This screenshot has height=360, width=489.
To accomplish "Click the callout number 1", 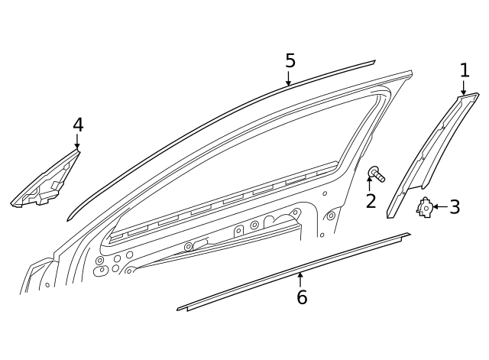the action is click(465, 70).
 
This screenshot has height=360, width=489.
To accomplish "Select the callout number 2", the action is click(371, 201).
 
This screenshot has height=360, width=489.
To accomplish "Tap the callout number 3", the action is click(455, 207).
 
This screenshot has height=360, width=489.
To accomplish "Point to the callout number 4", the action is click(78, 125).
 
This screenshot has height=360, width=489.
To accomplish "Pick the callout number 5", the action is click(290, 60).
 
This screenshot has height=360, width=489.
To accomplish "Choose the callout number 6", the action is click(302, 297).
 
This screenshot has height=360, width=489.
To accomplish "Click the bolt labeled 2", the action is click(377, 174).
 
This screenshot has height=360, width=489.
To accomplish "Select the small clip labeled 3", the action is click(425, 207).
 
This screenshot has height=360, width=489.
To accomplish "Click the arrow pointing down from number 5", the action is click(289, 78).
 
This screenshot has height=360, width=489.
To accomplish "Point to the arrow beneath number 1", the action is click(464, 88).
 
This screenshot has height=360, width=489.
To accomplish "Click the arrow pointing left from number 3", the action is click(440, 206).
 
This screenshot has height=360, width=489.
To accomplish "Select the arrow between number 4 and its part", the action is click(77, 142).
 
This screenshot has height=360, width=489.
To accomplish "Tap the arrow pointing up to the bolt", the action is click(370, 183).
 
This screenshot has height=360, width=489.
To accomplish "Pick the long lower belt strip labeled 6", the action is click(293, 272).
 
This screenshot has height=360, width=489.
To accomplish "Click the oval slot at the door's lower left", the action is click(99, 270).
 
